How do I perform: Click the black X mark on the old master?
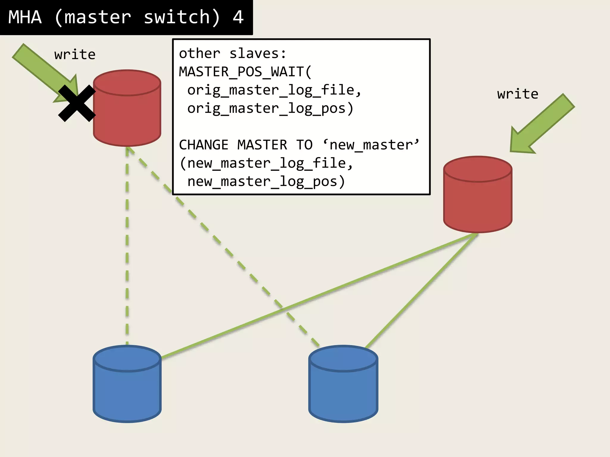click(77, 103)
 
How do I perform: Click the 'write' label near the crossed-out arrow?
click(75, 55)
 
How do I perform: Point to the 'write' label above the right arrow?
click(518, 94)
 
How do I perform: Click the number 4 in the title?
click(238, 17)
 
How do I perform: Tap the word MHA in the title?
click(25, 17)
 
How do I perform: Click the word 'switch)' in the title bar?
click(182, 17)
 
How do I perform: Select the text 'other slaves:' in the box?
click(232, 54)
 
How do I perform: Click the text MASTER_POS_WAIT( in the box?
click(245, 72)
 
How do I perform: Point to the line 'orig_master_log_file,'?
click(274, 90)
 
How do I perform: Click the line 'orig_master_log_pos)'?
click(270, 108)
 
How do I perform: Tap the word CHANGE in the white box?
click(204, 145)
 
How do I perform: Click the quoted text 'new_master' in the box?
click(371, 145)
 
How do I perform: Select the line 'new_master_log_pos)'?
click(266, 181)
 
